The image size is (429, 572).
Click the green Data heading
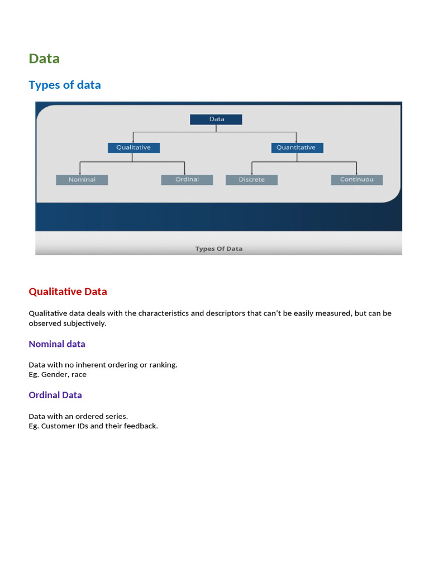[44, 59]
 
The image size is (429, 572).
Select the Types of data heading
[65, 85]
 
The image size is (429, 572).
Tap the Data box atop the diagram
[216, 119]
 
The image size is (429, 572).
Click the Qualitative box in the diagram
[134, 147]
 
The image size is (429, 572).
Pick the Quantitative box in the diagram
[297, 147]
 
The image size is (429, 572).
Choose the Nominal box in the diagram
[82, 180]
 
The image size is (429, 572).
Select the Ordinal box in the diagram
[187, 180]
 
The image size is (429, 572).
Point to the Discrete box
[251, 180]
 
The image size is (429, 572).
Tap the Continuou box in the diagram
[356, 180]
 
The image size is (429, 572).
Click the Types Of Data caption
[218, 249]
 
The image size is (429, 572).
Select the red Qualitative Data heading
[68, 292]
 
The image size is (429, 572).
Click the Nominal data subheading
[57, 344]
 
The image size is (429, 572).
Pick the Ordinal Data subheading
[55, 395]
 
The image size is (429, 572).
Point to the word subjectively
[86, 323]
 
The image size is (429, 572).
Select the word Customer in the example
[59, 426]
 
